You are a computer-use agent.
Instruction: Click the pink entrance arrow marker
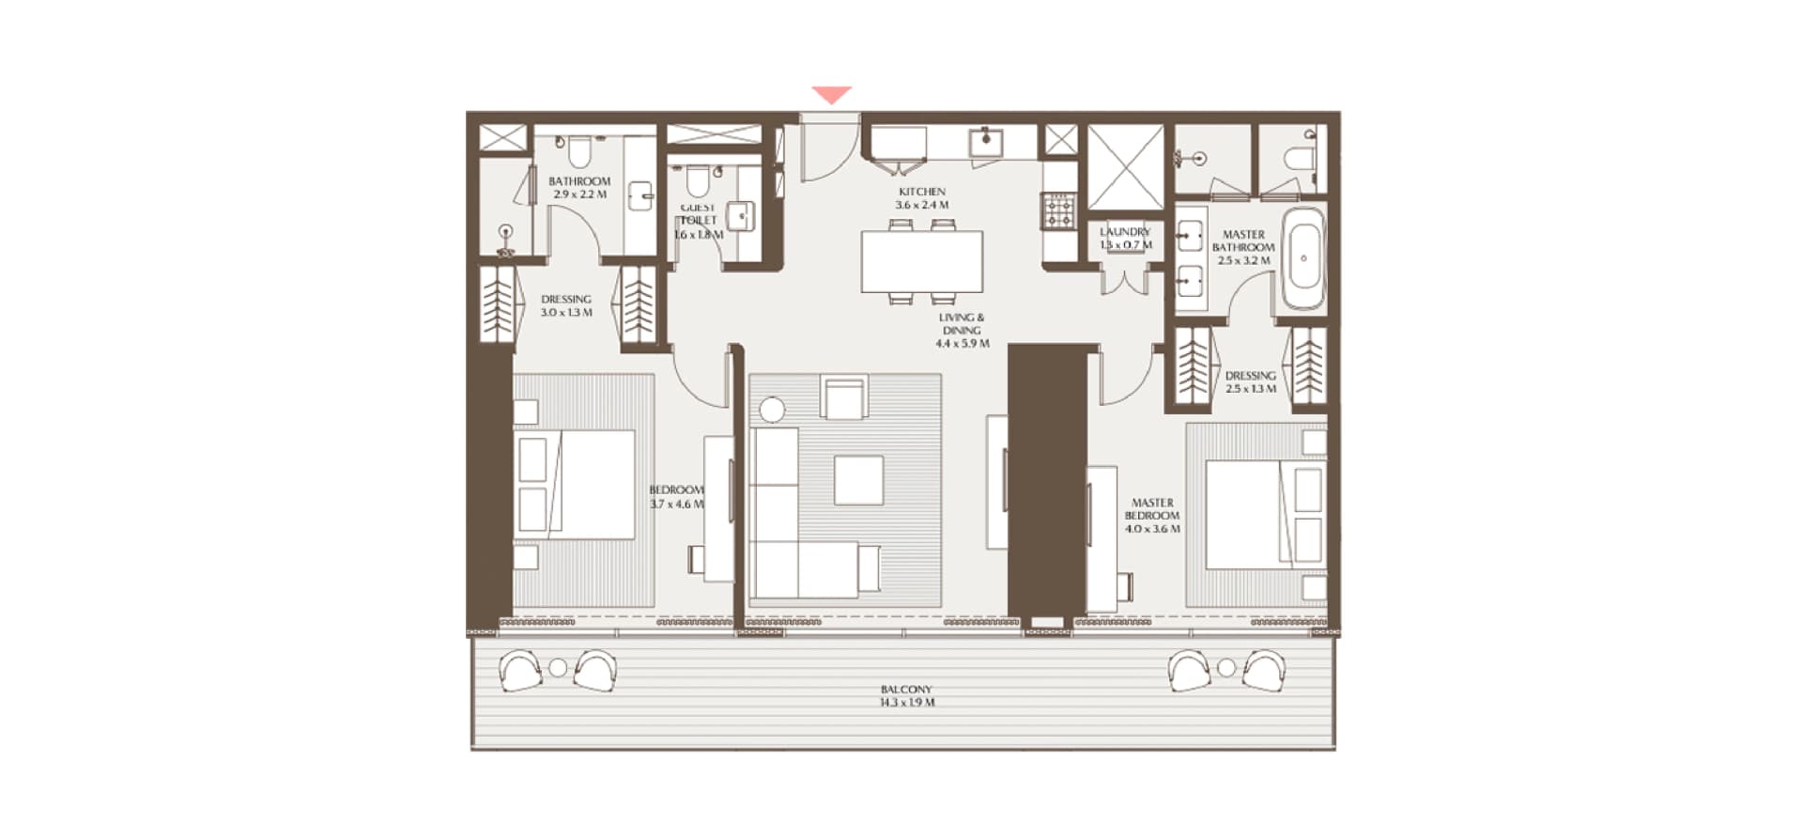(832, 95)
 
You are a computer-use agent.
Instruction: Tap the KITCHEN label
(922, 198)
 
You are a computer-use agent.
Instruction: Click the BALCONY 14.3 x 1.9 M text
(906, 696)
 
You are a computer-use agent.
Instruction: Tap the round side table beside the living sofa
(772, 410)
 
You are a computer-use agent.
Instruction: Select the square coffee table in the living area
(858, 480)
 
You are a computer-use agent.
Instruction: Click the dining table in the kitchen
(922, 261)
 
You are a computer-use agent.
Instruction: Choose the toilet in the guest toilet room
(697, 178)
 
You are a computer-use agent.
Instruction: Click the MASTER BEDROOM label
(1152, 516)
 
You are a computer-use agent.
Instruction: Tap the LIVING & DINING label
(962, 331)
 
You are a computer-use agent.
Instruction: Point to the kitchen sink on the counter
(987, 142)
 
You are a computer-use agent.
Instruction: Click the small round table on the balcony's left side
(558, 668)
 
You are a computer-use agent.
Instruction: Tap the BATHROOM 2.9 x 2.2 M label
(579, 188)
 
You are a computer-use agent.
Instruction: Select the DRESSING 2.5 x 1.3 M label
(1250, 381)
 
